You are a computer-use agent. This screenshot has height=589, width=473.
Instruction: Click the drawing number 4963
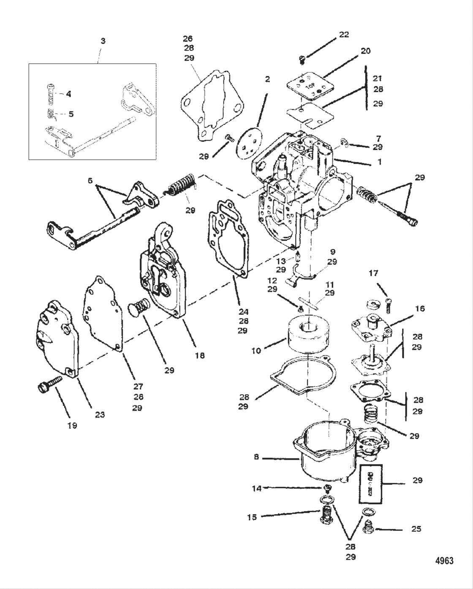(444, 561)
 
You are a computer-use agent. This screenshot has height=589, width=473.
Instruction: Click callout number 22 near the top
(344, 34)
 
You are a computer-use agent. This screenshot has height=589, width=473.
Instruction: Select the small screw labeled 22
(302, 60)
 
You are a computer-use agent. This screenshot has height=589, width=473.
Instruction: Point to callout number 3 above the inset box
(103, 41)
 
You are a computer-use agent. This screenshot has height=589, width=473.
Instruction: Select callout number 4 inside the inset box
(68, 94)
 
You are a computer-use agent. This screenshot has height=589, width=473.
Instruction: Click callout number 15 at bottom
(252, 517)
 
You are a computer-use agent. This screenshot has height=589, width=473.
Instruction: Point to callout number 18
(200, 355)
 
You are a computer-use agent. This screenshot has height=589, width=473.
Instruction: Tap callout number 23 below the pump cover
(99, 414)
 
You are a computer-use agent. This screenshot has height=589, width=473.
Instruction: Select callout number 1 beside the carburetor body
(379, 161)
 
